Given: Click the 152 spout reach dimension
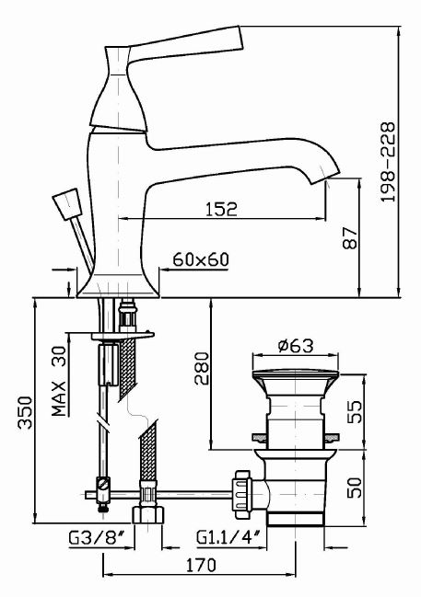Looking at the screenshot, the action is (222, 209).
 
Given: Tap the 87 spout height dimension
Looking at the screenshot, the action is (350, 238).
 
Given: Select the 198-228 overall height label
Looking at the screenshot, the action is (388, 162).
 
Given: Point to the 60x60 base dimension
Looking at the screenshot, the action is (201, 259).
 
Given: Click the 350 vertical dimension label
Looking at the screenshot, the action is (26, 412).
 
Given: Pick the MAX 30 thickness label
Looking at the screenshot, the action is (59, 380).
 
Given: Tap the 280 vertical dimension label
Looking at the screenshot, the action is (202, 369).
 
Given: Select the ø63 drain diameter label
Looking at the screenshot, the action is (296, 346).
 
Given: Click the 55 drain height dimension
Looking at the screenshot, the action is (356, 411).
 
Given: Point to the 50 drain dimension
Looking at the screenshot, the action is (356, 488).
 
